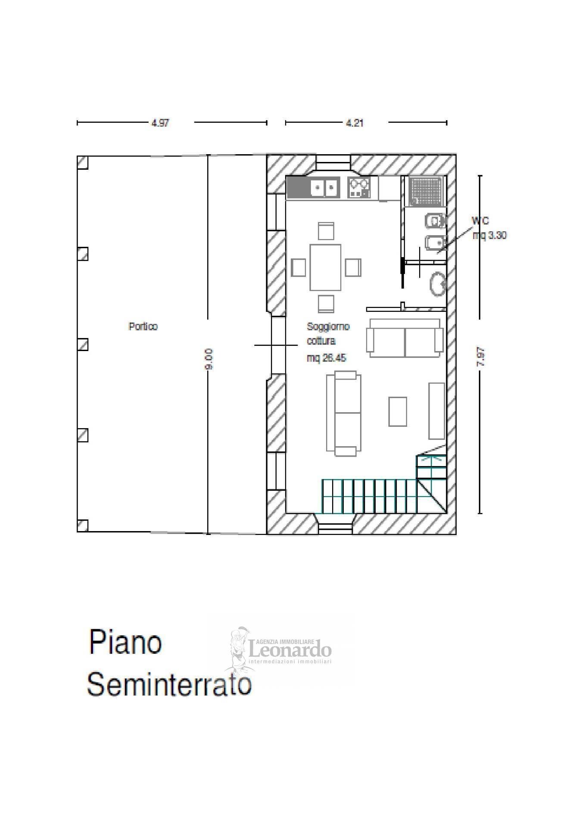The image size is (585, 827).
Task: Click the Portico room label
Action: click(x=143, y=326)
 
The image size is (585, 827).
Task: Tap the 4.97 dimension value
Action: click(x=160, y=123)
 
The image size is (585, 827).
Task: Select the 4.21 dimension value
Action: click(x=355, y=123)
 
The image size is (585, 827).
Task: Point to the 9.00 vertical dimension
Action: click(x=208, y=359)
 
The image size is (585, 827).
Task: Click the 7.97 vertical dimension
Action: click(x=481, y=357)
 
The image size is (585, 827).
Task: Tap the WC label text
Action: click(x=480, y=221)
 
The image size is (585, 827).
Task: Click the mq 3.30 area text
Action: click(x=489, y=235)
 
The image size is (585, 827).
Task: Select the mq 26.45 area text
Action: click(x=326, y=358)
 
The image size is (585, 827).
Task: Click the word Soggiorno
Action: click(x=328, y=326)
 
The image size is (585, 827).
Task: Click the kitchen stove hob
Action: click(x=359, y=188)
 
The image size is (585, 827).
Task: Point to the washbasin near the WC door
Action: click(x=437, y=284)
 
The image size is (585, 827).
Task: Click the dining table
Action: click(x=325, y=267)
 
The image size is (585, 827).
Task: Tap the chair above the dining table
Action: click(x=326, y=230)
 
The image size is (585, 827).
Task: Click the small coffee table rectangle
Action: click(x=397, y=411)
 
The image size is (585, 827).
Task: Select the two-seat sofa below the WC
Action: click(x=405, y=338)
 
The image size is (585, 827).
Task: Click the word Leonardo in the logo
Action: click(x=291, y=648)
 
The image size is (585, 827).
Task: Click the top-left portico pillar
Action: click(x=82, y=162)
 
